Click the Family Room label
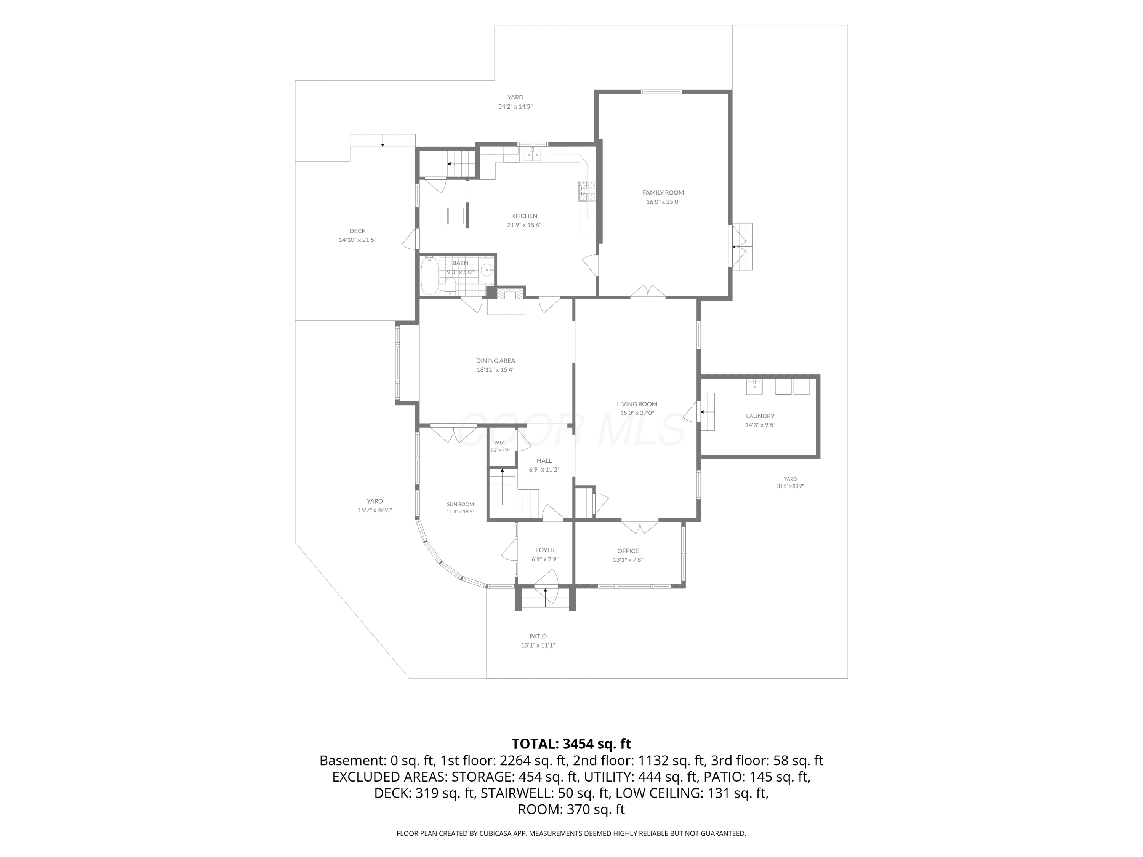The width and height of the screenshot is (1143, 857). coord(663,193)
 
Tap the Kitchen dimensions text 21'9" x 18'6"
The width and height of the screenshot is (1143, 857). coord(524,225)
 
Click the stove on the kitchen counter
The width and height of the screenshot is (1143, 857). coord(587,191)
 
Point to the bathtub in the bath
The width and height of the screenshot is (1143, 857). coord(429,275)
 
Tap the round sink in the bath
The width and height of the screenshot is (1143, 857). coord(487,270)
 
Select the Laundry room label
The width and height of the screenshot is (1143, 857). coord(760,416)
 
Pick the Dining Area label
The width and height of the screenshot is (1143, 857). coord(496,361)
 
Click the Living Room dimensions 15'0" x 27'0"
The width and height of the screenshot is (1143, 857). coord(637,413)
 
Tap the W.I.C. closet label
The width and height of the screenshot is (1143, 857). coord(499,443)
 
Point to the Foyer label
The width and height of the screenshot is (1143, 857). coord(545,550)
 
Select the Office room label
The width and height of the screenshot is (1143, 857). coord(628,551)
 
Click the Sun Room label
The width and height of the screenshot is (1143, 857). coord(460,504)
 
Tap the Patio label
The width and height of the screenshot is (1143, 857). coord(538,636)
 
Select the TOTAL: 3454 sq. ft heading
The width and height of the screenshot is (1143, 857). coord(571,744)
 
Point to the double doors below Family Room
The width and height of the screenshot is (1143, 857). coord(647,292)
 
